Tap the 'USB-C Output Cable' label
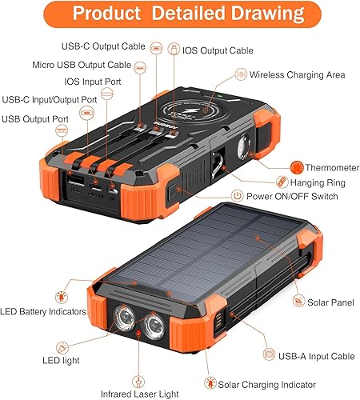pos(104,46)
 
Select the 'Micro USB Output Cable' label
pos(82,64)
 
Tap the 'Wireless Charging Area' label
pos(297,74)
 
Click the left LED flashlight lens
pos(125,318)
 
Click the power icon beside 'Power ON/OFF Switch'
pos(237,196)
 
